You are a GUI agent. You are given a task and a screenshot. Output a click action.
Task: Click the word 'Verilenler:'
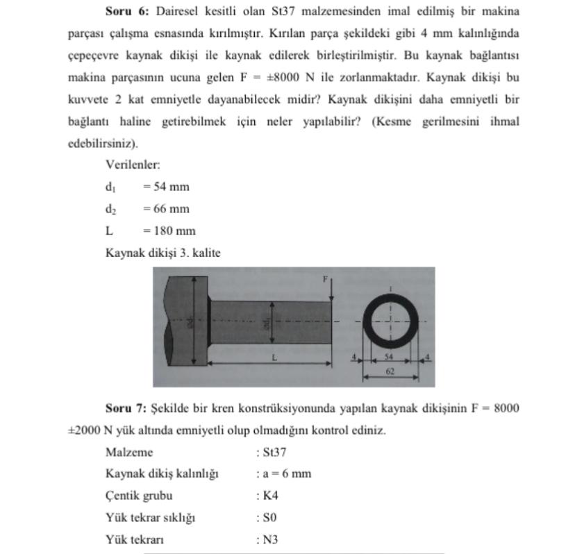tap(133, 165)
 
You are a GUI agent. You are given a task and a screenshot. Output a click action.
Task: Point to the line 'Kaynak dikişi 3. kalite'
tap(162, 253)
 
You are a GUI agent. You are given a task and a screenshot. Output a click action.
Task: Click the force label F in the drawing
tap(324, 279)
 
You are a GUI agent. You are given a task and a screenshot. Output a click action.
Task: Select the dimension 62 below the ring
tap(390, 371)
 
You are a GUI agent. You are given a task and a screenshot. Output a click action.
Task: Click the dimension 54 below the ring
tap(390, 356)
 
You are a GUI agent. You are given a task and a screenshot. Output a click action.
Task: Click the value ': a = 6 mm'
tap(283, 474)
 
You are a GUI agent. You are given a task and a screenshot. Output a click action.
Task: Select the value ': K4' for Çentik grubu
tap(267, 496)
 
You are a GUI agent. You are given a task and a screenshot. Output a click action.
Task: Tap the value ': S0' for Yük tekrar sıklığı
tap(266, 518)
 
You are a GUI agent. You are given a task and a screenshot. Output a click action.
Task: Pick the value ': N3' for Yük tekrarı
tap(267, 539)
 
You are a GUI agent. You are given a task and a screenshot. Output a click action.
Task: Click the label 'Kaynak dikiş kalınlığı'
tap(162, 474)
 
